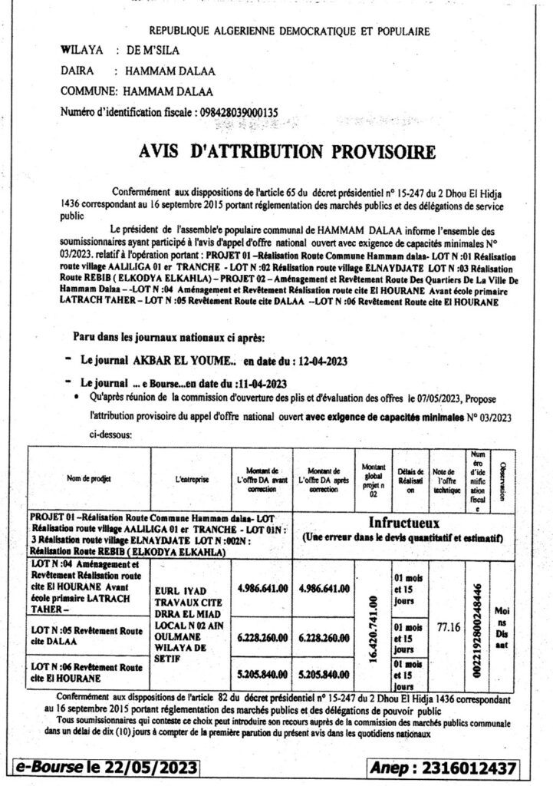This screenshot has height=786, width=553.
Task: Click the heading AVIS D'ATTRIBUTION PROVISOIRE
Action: pyautogui.click(x=287, y=152)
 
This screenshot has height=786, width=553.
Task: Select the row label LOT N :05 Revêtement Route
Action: pyautogui.click(x=86, y=633)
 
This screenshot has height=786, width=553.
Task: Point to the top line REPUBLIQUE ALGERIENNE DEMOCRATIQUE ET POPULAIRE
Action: pyautogui.click(x=289, y=31)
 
